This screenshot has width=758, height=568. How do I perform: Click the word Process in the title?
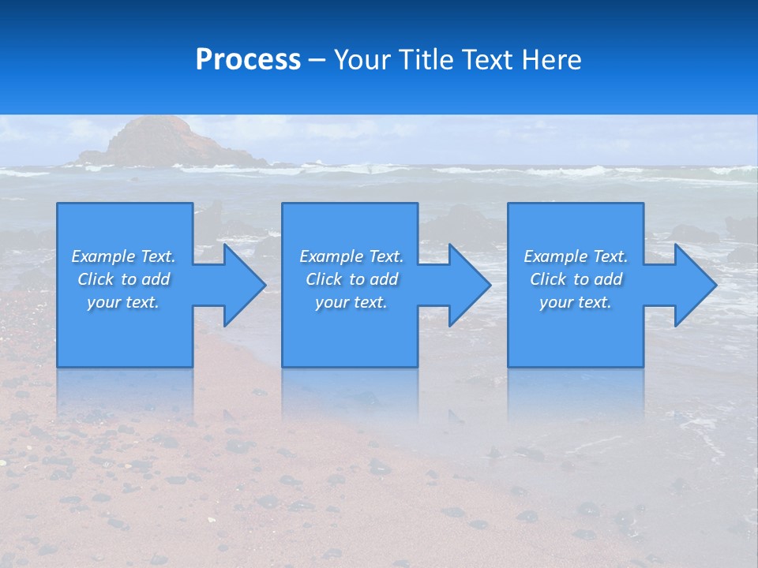[x=248, y=60]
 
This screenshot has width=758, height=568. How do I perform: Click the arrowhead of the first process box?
[x=242, y=285]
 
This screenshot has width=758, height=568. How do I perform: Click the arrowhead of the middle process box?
[x=467, y=285]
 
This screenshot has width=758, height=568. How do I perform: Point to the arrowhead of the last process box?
[x=693, y=285]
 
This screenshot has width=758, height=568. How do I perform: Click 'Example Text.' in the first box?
[x=123, y=256]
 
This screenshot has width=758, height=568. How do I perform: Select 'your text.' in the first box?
[x=123, y=302]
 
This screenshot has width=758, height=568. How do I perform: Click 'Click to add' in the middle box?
[x=351, y=279]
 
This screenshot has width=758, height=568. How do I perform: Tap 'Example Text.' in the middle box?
[x=351, y=256]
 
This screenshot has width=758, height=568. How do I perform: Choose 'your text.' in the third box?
[x=575, y=302]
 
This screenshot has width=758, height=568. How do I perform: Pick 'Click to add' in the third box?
[x=576, y=279]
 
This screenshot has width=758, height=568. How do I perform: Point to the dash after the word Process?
[x=317, y=61]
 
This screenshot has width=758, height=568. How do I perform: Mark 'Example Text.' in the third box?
[x=576, y=256]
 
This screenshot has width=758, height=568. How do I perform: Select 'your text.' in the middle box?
[x=351, y=302]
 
